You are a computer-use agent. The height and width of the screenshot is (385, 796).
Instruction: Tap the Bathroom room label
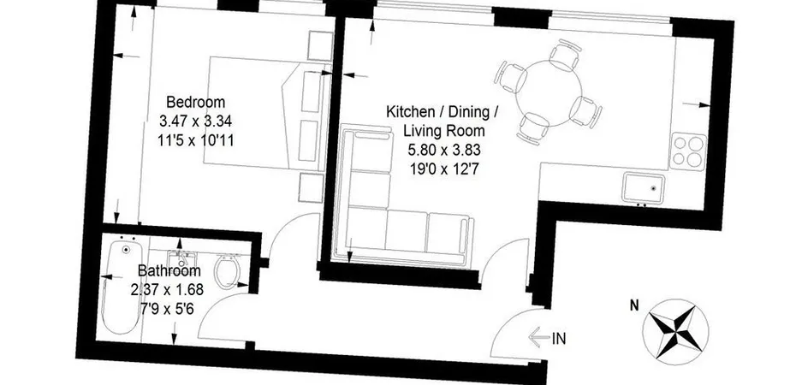169,271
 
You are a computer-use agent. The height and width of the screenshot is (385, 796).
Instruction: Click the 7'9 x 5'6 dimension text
168,307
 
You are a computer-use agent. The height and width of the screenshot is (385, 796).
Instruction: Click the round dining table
549,92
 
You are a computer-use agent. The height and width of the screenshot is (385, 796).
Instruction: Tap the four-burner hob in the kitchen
688,151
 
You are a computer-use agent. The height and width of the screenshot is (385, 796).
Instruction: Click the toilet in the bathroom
227,271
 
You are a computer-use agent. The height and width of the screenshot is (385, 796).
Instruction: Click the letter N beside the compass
634,305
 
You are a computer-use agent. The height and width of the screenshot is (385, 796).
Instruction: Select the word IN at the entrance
559,338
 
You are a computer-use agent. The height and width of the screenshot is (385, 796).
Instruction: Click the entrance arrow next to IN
539,337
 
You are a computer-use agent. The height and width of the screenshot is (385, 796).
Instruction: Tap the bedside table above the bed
320,45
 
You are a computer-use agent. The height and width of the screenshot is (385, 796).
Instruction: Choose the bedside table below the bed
311,187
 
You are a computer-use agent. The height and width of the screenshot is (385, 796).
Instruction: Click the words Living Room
444,131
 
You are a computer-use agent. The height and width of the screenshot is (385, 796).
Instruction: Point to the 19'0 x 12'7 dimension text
444,169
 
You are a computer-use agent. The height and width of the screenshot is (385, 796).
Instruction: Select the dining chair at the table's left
511,77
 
